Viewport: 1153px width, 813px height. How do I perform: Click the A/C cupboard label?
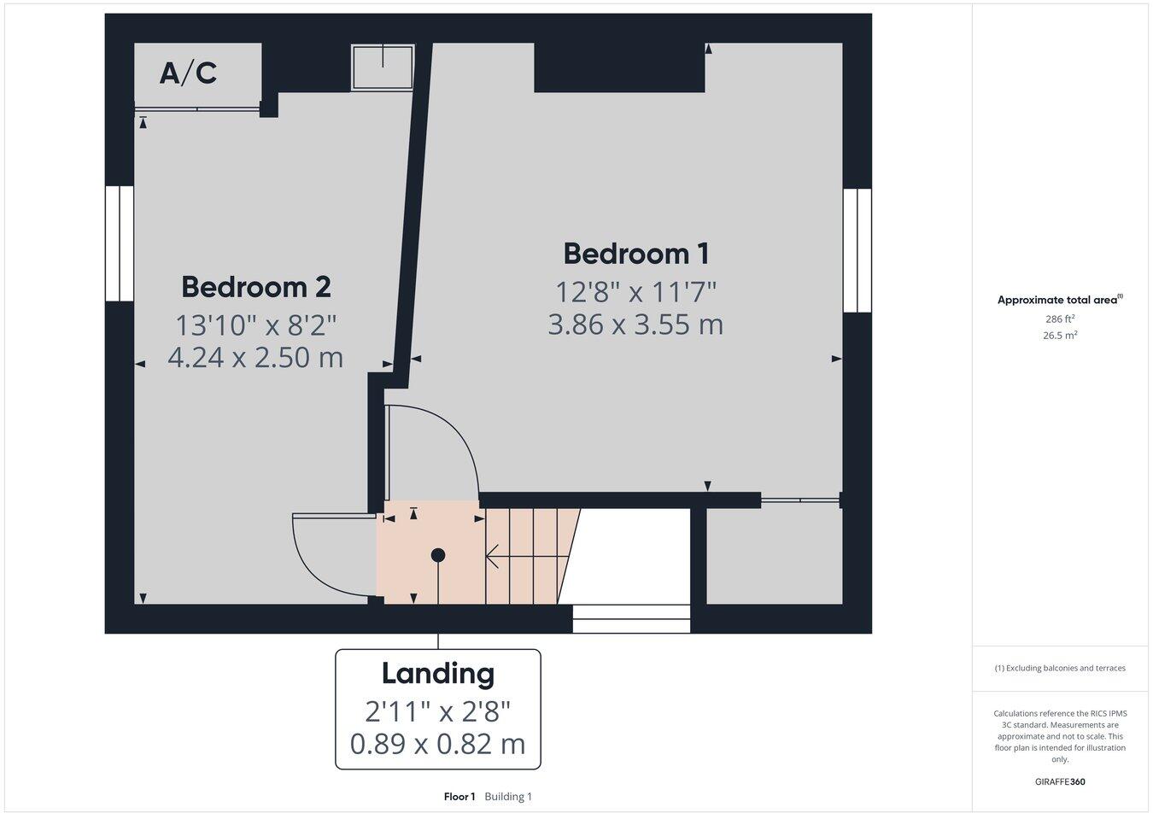(x=188, y=73)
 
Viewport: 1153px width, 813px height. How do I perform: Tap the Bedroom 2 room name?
(x=255, y=287)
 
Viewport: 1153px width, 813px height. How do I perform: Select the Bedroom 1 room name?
(x=636, y=254)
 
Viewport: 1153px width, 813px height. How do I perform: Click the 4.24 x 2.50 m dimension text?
(x=255, y=357)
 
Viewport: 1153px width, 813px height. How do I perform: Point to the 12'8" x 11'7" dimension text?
(x=636, y=292)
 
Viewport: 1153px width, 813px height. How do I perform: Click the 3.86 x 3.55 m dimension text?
(x=636, y=325)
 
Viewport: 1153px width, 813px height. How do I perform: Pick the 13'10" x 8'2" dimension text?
(x=255, y=325)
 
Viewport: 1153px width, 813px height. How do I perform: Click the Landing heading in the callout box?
(x=437, y=674)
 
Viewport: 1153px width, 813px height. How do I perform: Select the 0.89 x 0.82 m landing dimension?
(x=437, y=744)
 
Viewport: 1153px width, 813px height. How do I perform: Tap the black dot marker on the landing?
(x=438, y=555)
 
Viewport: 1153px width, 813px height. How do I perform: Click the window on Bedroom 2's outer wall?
(x=120, y=243)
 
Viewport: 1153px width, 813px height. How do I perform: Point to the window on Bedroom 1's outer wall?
(x=857, y=250)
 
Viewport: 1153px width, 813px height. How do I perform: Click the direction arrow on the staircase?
(x=495, y=558)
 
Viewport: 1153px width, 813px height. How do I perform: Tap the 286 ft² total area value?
(x=1060, y=319)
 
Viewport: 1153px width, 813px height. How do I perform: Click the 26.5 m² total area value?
(x=1060, y=336)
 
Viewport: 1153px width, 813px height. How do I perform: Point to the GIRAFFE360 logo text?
(x=1060, y=781)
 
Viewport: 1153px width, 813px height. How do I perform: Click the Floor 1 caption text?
(x=459, y=797)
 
